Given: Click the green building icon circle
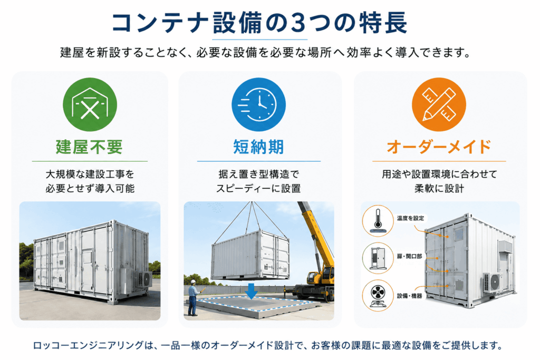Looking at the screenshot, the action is point(90,104).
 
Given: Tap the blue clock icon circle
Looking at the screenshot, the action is point(258,104).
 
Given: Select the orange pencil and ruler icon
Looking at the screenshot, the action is point(439,104).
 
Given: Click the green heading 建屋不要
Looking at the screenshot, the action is point(90,147).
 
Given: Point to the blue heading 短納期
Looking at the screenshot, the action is point(258,147).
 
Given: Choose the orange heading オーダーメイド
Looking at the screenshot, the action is point(439,147).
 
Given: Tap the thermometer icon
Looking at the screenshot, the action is point(378,221).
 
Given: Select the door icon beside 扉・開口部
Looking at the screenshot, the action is point(378,258).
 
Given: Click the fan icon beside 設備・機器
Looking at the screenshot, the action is point(378,296).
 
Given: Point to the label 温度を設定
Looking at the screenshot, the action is point(410,218).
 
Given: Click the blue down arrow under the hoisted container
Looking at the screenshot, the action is point(252,291).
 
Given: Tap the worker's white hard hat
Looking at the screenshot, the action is point(193,282).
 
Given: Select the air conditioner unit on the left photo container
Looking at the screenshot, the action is point(145,279).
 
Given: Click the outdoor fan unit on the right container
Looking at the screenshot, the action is point(493,282).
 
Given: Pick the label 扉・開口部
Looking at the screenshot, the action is point(409,256).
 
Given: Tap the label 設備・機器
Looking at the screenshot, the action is point(409,296).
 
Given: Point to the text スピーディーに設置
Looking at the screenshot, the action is point(258,189).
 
